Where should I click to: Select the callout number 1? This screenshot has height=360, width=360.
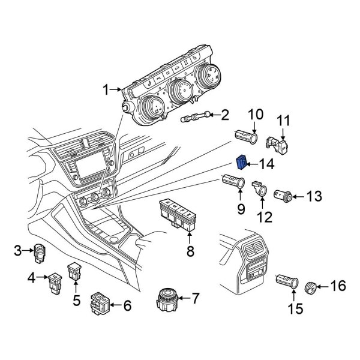(x=106, y=91)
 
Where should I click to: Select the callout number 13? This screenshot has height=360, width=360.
(x=314, y=196)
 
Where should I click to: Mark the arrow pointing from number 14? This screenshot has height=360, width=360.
(x=253, y=163)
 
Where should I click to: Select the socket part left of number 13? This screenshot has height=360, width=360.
(x=283, y=195)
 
